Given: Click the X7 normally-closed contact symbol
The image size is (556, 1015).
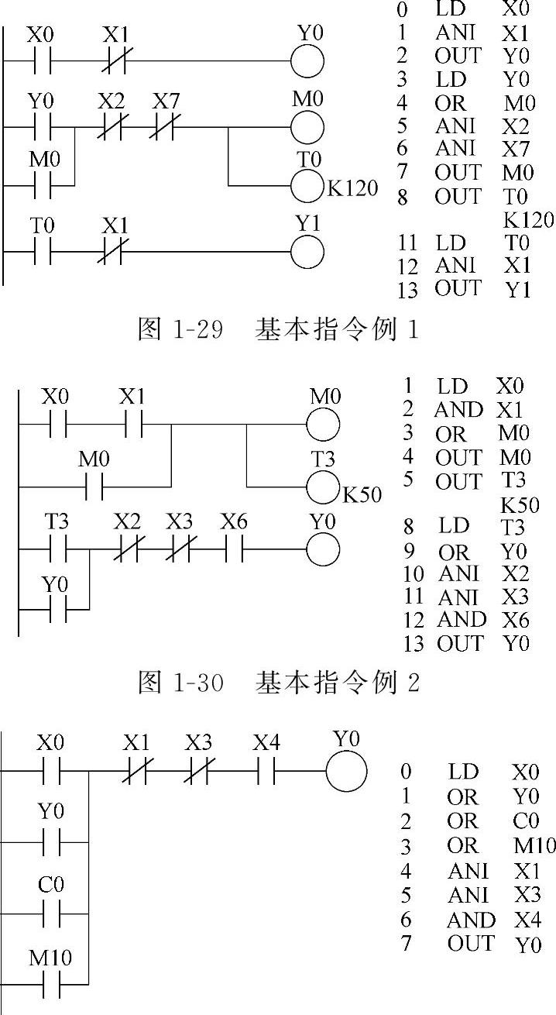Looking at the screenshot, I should pos(163,126).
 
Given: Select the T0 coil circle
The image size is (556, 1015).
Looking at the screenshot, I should pos(307,185).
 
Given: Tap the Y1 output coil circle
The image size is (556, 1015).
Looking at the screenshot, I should pos(307,251).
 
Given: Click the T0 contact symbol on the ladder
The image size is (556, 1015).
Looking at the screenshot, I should pos(43,251).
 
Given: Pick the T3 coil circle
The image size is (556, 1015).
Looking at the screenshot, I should pos(324,488).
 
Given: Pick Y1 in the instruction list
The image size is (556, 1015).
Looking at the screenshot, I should pos(517,291).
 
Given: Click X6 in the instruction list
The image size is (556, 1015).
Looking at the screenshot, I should pos(513,621).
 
